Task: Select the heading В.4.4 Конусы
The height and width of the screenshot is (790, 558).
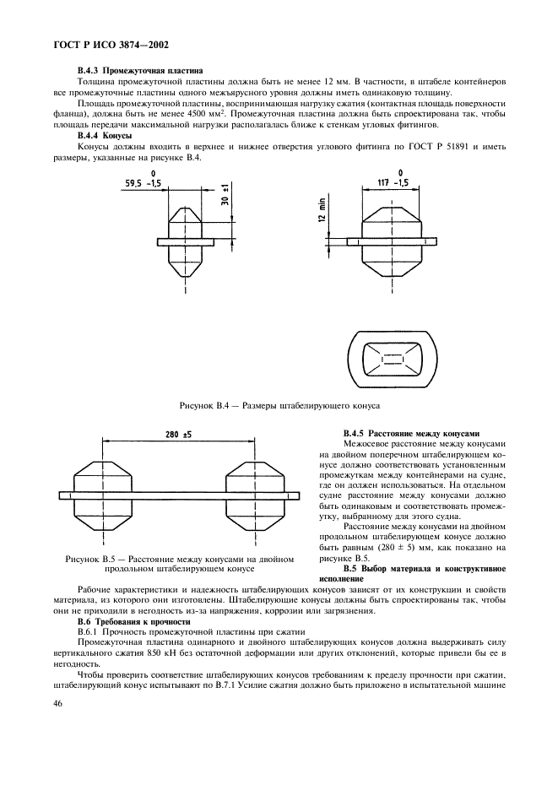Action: point(105,135)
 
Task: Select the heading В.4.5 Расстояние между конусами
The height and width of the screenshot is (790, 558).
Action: point(411,432)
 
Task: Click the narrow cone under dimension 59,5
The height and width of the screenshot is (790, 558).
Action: point(187,241)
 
